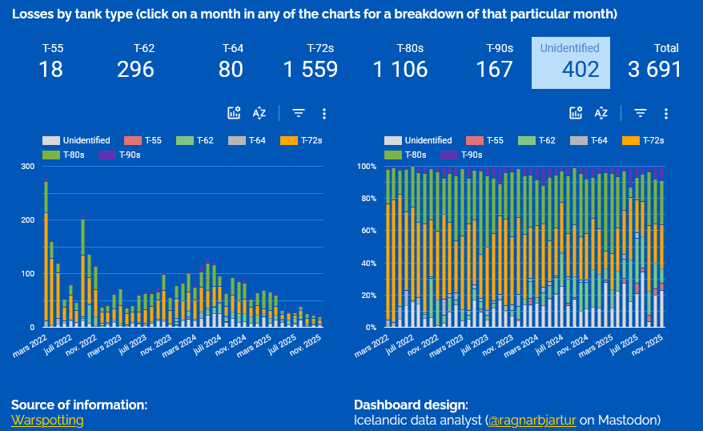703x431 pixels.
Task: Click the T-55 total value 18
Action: pos(50,70)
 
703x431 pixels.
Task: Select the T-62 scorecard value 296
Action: pos(135,70)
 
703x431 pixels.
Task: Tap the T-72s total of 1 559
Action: pos(311,70)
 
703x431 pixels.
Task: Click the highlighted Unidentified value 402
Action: pos(580,70)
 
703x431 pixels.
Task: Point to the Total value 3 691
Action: pos(654,70)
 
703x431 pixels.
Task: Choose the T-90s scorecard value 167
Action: pos(494,70)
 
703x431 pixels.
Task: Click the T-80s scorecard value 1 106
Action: pos(400,70)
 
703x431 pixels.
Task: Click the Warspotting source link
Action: pos(47,420)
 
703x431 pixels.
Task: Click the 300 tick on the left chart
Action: pos(28,167)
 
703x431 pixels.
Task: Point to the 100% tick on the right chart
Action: pos(366,167)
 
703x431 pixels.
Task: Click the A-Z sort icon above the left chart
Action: pos(259,114)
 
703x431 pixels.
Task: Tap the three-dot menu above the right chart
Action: pos(665,114)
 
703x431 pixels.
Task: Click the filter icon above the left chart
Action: pos(298,114)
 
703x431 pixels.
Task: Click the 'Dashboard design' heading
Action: pos(410,405)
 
